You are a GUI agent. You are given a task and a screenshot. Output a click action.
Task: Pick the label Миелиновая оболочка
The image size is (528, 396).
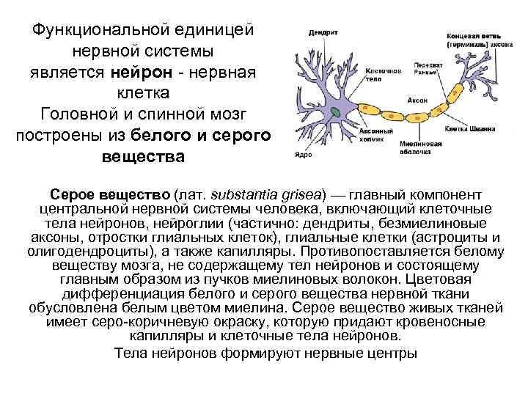coord(420,147)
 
